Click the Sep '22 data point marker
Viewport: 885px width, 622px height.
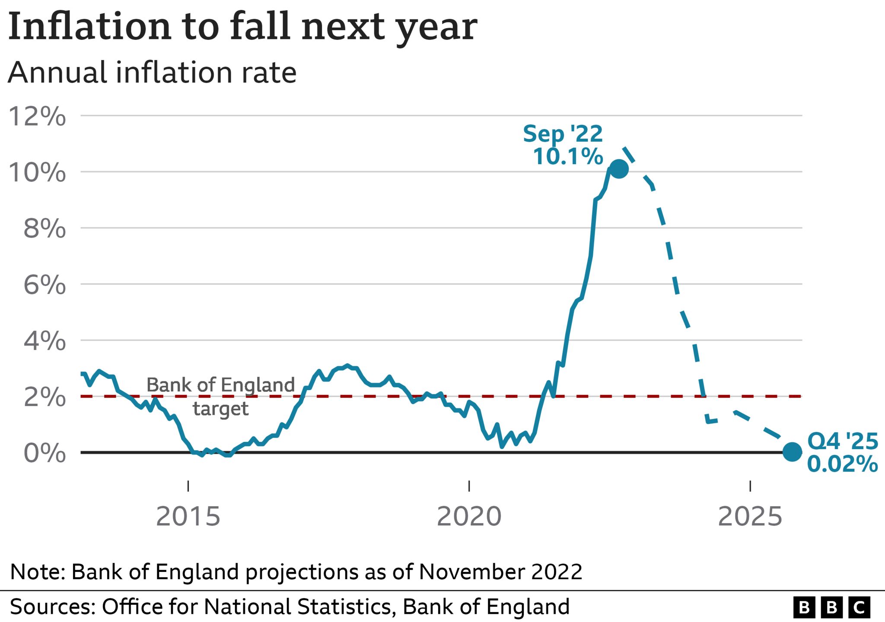coord(618,169)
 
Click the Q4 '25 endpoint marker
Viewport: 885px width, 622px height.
coord(792,452)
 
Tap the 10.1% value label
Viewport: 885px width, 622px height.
coord(568,156)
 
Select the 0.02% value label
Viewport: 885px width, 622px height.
coord(842,464)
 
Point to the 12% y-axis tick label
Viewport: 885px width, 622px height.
coord(37,116)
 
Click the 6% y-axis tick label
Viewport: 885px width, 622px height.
coord(45,285)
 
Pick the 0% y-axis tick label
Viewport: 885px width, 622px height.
coord(45,453)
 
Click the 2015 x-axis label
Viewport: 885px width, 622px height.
coord(188,517)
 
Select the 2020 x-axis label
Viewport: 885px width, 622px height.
coord(469,517)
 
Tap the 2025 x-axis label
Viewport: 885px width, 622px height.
coord(750,517)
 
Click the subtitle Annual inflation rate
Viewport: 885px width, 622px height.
coord(152,73)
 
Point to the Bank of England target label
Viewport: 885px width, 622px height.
coord(220,396)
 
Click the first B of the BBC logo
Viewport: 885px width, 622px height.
coord(804,608)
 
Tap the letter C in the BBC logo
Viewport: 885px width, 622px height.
coord(859,608)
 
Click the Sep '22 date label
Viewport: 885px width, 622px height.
coord(563,134)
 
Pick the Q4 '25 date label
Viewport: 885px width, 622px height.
coord(843,441)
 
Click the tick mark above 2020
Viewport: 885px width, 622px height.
coord(469,486)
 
